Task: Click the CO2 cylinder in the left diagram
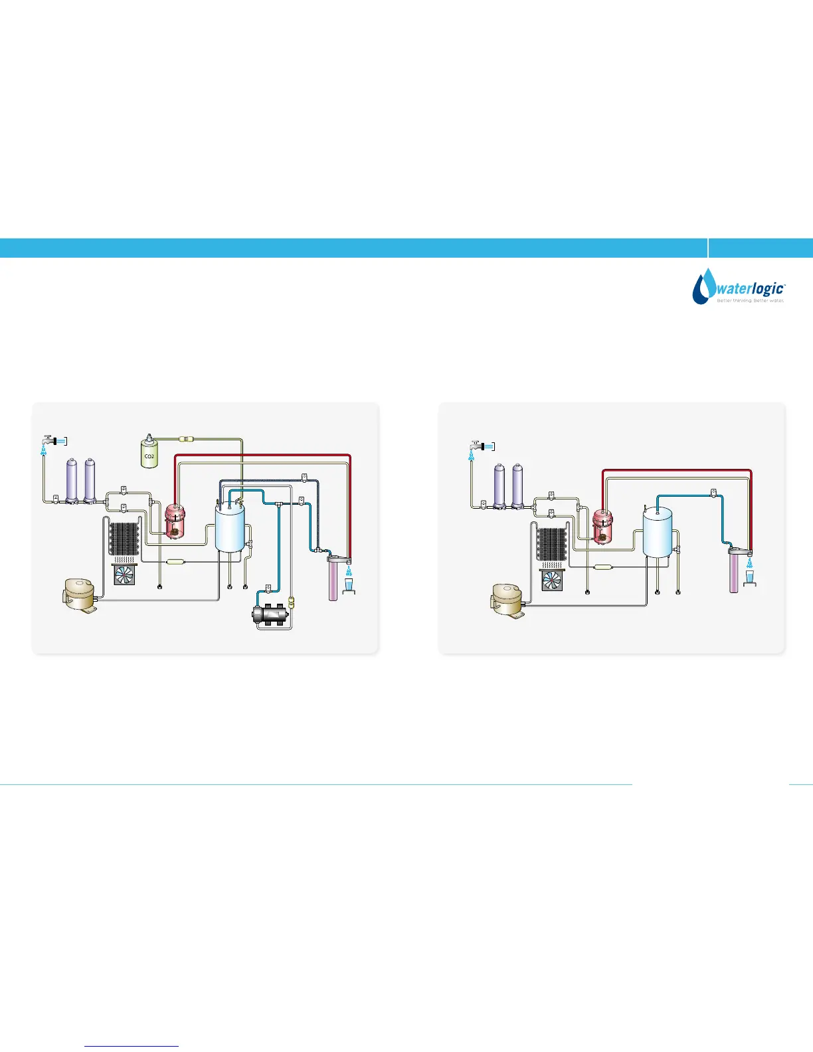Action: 149,453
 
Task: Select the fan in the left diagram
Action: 124,574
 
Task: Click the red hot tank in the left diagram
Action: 175,521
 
